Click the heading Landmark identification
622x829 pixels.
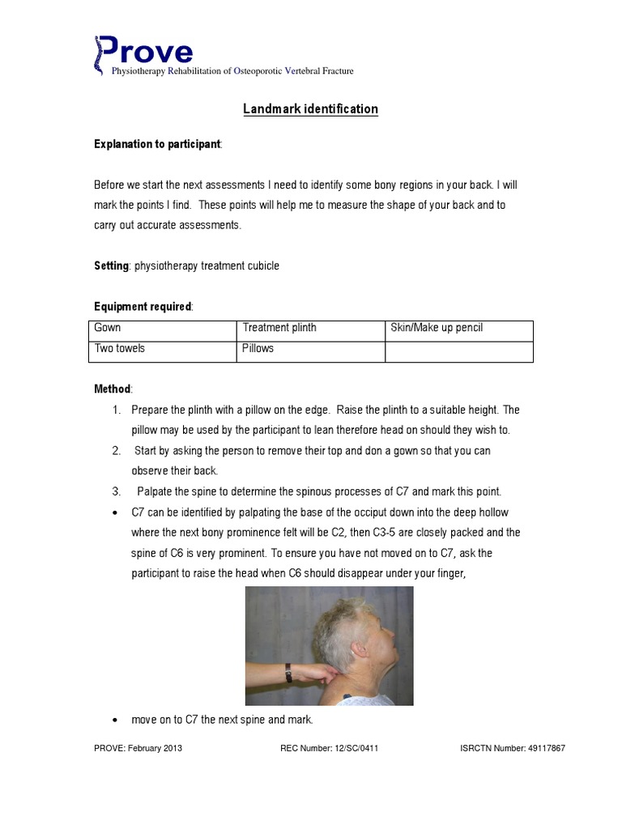tap(310, 109)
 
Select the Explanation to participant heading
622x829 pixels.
tap(156, 144)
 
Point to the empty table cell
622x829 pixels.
tap(458, 351)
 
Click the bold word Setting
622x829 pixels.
tap(111, 266)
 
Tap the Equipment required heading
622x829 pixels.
tap(143, 307)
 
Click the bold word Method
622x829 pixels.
tap(112, 389)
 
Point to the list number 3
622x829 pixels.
tap(117, 492)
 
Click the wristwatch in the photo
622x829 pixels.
tap(288, 673)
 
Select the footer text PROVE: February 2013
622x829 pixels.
tap(138, 749)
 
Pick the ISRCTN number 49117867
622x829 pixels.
tap(512, 749)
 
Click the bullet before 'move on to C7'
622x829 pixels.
tap(117, 721)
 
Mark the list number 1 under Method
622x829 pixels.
tap(117, 410)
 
